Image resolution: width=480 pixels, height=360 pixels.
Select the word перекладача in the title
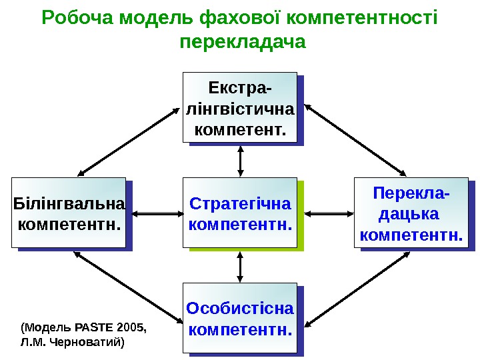click(243, 42)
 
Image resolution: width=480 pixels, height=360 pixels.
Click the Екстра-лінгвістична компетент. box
click(239, 107)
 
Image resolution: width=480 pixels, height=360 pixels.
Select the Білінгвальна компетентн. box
click(68, 213)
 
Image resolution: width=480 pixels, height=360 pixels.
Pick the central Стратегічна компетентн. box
click(239, 213)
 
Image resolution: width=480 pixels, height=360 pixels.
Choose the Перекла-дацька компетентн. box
click(411, 213)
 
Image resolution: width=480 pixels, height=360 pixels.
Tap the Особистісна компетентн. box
click(239, 318)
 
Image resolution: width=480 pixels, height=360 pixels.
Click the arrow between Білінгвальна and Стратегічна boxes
click(155, 213)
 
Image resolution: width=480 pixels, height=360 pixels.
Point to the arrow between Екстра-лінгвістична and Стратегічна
click(240, 160)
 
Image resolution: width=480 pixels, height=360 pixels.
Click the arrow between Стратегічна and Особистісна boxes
click(240, 266)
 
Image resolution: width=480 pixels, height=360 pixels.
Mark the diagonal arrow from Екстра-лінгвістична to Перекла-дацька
click(355, 139)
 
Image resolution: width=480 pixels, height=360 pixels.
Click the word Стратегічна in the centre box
click(240, 203)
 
